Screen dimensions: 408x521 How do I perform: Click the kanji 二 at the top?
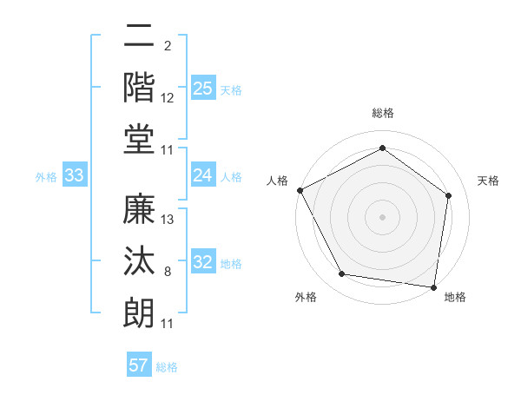[140, 36]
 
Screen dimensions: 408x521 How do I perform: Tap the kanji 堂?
[140, 139]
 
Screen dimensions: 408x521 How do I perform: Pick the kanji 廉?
[140, 210]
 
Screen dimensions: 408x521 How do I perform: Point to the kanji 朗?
[140, 313]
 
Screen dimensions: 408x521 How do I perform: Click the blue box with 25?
[202, 88]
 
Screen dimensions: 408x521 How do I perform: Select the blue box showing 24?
[202, 175]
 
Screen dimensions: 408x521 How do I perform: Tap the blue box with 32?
[202, 263]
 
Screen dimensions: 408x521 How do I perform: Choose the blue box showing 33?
[75, 176]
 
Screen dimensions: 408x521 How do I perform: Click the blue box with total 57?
[139, 365]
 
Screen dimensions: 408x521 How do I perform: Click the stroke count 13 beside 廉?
[168, 220]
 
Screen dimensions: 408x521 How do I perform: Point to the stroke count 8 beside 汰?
[168, 273]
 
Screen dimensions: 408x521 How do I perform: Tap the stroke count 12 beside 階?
[168, 98]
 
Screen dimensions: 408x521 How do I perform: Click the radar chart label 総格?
[383, 114]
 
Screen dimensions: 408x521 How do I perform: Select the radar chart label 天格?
[488, 181]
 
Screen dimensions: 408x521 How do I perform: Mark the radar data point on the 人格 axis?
[300, 190]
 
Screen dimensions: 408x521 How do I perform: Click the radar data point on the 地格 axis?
[433, 286]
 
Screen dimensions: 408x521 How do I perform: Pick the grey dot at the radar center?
[383, 216]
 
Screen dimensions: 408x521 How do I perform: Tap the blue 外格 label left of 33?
[46, 177]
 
